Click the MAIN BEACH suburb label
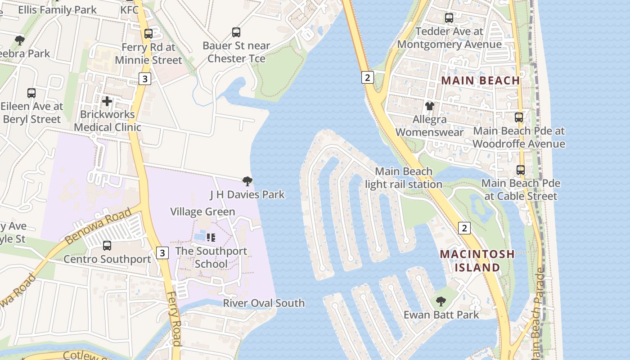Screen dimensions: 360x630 click(480, 81)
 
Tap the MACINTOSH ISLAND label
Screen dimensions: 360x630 click(477, 261)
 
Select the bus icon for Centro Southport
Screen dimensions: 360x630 click(107, 246)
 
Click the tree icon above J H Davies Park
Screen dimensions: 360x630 click(247, 181)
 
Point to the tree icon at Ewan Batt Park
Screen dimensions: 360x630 click(441, 301)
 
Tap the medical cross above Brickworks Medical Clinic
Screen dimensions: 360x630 click(107, 101)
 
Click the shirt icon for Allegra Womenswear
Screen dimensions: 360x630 click(430, 106)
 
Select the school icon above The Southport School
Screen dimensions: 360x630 click(211, 237)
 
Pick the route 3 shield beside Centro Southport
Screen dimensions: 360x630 click(162, 252)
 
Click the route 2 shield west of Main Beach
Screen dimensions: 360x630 click(367, 77)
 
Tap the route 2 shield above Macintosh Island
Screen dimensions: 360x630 click(464, 228)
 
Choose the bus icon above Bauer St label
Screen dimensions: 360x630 click(236, 32)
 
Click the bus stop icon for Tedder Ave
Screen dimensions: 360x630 click(449, 18)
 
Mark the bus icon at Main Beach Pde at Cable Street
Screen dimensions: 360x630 click(521, 170)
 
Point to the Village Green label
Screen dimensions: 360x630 click(202, 211)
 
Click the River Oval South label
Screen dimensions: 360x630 click(264, 303)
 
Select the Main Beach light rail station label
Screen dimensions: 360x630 click(404, 178)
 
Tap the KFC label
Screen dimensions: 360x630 click(130, 9)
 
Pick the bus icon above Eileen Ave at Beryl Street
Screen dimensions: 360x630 click(31, 93)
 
